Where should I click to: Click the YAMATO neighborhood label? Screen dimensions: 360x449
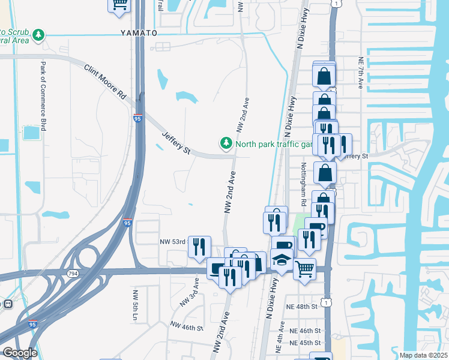point(138,32)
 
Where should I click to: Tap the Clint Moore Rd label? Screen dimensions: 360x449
point(104,82)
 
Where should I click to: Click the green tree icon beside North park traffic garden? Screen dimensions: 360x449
point(226,143)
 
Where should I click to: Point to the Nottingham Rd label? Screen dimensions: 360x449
point(304,185)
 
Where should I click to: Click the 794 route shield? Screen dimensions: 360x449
point(73,274)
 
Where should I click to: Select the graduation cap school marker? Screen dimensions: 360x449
point(281,259)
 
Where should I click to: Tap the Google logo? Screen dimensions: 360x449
point(20,353)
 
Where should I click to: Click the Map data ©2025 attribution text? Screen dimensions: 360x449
point(423,355)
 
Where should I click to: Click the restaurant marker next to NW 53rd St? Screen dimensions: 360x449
point(199,246)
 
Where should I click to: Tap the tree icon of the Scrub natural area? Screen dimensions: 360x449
point(39,35)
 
